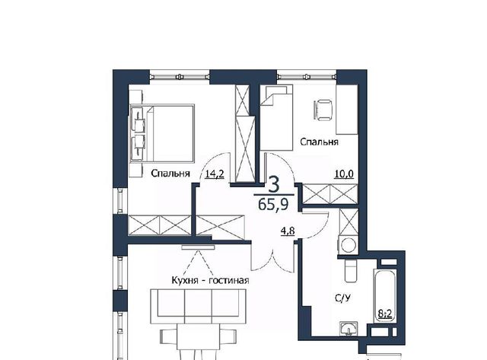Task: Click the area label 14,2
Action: (215, 174)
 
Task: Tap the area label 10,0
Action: (344, 174)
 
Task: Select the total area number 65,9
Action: (273, 205)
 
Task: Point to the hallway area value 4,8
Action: (288, 231)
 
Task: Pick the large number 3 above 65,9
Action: (274, 184)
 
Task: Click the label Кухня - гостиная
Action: (210, 281)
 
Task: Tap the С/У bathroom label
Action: (343, 298)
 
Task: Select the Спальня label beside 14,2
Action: (170, 174)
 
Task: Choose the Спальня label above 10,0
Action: (319, 142)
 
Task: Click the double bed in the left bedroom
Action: (162, 133)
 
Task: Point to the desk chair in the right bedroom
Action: (323, 110)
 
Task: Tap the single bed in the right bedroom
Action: (276, 118)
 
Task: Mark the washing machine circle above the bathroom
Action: (349, 245)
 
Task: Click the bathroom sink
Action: (349, 329)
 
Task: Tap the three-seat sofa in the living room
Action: (198, 307)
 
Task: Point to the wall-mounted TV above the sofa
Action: (198, 247)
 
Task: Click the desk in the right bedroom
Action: (347, 109)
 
